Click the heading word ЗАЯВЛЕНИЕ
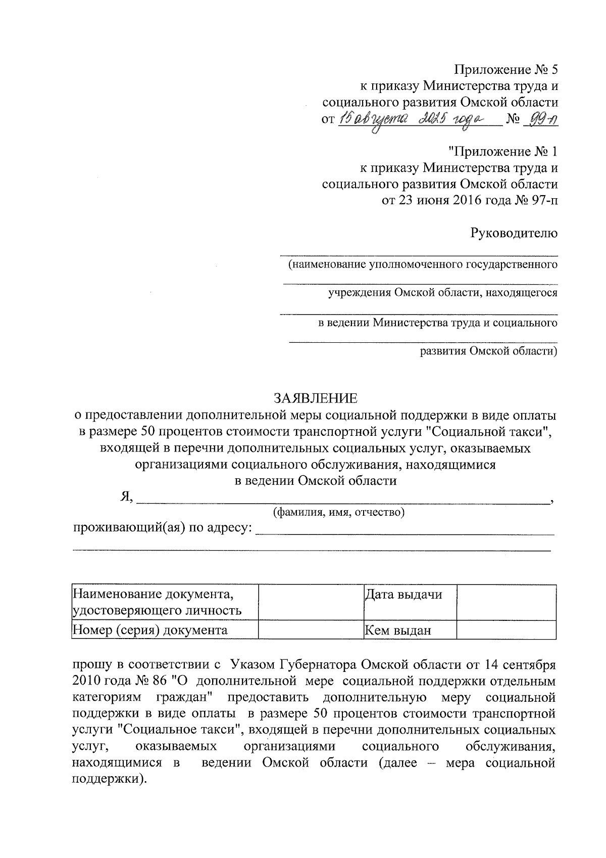click(315, 398)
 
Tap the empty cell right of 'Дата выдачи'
click(506, 602)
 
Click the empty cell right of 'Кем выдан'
click(506, 630)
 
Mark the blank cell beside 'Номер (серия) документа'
click(311, 630)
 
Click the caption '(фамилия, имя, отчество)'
click(338, 513)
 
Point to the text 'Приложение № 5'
click(506, 69)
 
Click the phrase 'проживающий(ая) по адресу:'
click(163, 528)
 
